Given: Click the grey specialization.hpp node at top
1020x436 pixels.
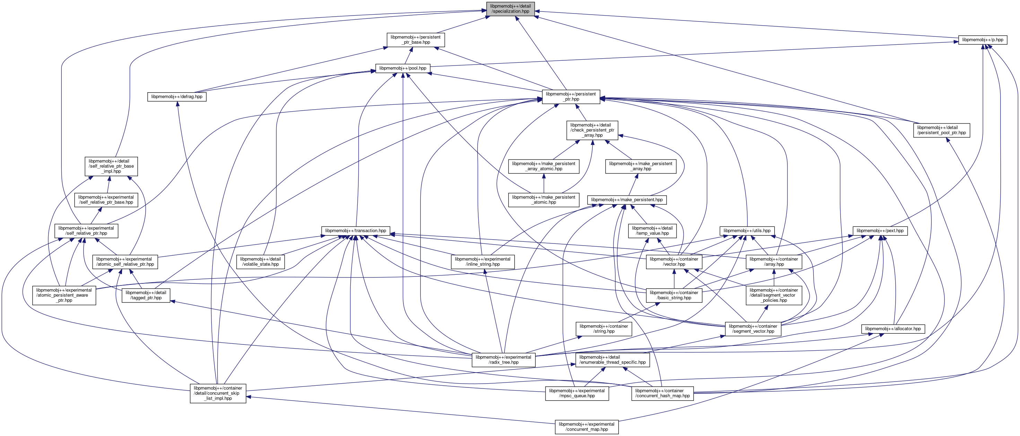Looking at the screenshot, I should click(x=511, y=9).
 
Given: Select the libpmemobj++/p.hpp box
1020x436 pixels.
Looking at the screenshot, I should click(x=982, y=40).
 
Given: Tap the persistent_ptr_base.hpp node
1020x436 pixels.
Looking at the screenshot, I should click(x=415, y=40).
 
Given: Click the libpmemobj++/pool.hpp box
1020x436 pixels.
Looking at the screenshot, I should click(x=403, y=68).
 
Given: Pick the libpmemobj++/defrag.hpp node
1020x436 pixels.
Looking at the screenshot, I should click(x=177, y=97).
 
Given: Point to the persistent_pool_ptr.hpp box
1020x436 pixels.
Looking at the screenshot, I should click(x=941, y=130).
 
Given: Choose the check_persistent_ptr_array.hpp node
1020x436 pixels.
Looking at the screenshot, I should click(x=592, y=130).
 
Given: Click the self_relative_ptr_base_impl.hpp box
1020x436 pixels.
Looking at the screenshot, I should click(x=111, y=166).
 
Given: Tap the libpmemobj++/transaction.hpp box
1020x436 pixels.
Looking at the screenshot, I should click(x=356, y=231).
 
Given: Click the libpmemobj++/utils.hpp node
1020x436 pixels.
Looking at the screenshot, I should click(x=747, y=231).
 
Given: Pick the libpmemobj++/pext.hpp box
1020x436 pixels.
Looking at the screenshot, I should click(x=880, y=231).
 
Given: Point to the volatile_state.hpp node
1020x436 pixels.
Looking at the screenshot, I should click(x=260, y=262).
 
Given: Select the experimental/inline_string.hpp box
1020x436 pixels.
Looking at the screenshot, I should click(x=482, y=262).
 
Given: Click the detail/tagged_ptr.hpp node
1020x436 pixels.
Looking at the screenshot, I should click(x=146, y=295).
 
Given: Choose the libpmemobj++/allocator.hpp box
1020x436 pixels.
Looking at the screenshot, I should click(x=893, y=329).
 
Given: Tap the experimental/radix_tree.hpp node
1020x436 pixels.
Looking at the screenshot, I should click(x=503, y=359).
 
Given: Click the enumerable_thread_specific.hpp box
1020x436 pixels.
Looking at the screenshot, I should click(x=612, y=359).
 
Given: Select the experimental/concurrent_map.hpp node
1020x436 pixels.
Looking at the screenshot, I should click(x=586, y=427).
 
